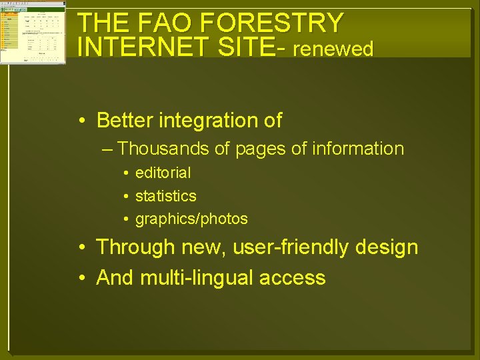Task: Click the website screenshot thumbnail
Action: pyautogui.click(x=33, y=32)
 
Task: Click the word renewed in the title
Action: pyautogui.click(x=333, y=49)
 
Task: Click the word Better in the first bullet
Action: pyautogui.click(x=127, y=121)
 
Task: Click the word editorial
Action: pyautogui.click(x=163, y=173)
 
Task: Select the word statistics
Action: pyautogui.click(x=166, y=196)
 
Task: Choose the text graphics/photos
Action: pyautogui.click(x=191, y=219)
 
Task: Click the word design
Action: pyautogui.click(x=387, y=247)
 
